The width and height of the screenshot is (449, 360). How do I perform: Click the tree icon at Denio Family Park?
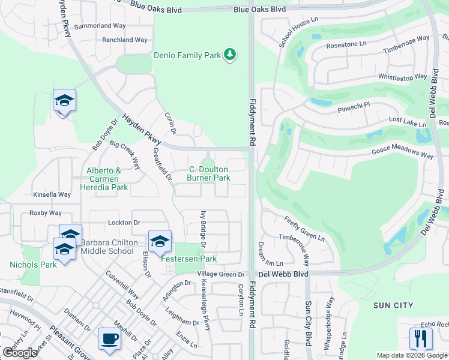[x=229, y=55]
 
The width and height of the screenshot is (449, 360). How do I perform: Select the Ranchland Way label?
[x=124, y=40]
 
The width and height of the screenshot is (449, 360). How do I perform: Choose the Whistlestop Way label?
[x=402, y=77]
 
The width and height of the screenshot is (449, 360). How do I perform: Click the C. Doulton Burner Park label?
[x=209, y=174]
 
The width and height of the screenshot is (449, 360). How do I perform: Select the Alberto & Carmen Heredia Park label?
[x=104, y=179]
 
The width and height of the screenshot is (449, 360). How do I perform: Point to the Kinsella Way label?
[x=52, y=194]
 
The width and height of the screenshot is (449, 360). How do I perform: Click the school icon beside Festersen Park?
[x=160, y=241]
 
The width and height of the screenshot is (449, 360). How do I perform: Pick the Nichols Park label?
[x=33, y=265]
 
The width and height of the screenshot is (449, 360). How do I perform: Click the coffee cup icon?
[x=109, y=338]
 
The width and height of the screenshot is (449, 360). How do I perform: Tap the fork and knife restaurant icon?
[x=420, y=338]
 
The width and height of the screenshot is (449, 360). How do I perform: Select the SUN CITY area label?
[x=393, y=305]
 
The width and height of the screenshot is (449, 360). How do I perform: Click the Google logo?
[x=20, y=352]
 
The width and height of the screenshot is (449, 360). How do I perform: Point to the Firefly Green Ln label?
[x=304, y=229]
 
